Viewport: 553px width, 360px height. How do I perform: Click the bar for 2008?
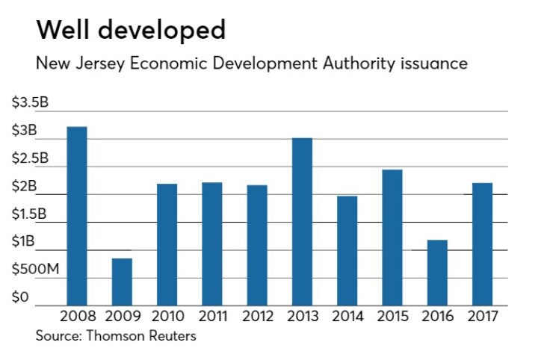[x=77, y=216]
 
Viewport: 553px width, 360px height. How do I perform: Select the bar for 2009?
[x=122, y=282]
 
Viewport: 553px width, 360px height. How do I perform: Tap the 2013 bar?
[x=302, y=221]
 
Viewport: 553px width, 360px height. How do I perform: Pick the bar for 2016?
[x=436, y=273]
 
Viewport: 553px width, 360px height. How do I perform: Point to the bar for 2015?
[x=392, y=238]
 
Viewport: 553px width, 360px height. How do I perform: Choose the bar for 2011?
[x=211, y=243]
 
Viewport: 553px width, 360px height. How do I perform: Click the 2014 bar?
[x=347, y=250]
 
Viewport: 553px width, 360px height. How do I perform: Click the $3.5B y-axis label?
[x=30, y=102]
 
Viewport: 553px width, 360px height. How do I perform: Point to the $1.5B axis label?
[x=30, y=214]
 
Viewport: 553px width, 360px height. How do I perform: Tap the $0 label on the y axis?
[x=20, y=297]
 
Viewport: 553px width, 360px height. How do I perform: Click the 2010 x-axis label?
[x=167, y=316]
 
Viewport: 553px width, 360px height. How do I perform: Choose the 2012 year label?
[x=257, y=316]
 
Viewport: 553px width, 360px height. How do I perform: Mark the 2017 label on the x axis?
[x=481, y=316]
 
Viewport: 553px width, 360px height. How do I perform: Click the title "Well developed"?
[x=131, y=30]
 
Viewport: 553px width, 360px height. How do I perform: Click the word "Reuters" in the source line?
[x=170, y=336]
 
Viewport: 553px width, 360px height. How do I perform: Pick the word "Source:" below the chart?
[x=60, y=336]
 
